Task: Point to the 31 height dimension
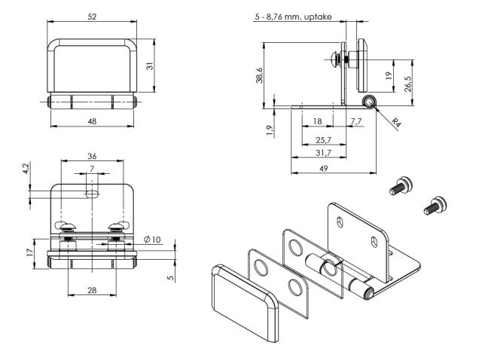149,66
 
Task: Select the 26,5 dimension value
407,81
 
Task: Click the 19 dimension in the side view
387,75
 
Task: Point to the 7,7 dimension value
355,121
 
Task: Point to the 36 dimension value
92,157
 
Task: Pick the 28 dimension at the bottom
91,291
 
